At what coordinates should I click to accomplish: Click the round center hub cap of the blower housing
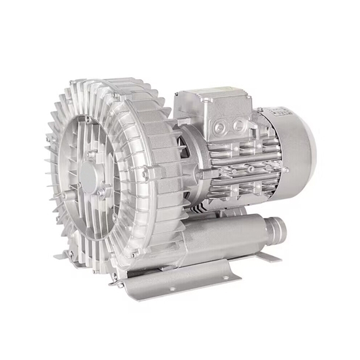click(90, 173)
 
